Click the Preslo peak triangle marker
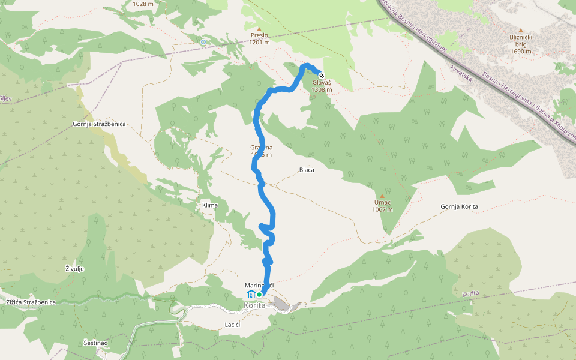tap(259, 29)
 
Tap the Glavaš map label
tap(322, 83)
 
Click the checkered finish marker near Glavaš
tap(322, 76)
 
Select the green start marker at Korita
tap(259, 295)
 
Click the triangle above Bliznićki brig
tap(521, 30)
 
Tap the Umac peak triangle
tap(382, 196)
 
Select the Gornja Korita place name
tap(459, 206)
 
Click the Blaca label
tap(307, 170)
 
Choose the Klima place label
tap(210, 205)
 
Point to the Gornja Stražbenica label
tap(98, 124)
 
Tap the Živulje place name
tap(74, 268)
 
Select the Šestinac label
tap(95, 343)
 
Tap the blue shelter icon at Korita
tap(251, 294)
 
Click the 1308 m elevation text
tap(322, 90)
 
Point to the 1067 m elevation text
tap(382, 209)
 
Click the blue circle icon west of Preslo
tap(203, 42)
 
